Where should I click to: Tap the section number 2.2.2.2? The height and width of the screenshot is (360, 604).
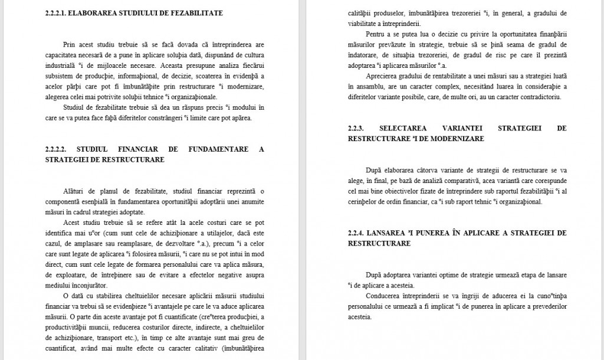[x=58, y=149]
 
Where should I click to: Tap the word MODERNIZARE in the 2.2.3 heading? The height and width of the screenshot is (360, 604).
[x=462, y=139]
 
